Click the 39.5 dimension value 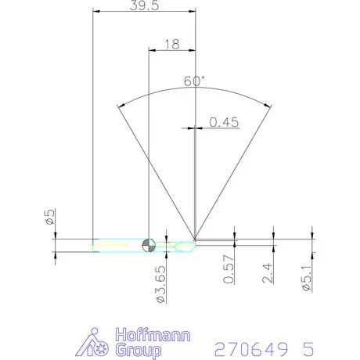144,5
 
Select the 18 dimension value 172,45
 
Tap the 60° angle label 194,81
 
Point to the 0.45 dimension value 224,122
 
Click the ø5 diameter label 50,217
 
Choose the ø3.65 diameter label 161,284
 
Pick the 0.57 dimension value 229,269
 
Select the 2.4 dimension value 268,273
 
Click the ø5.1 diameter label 307,278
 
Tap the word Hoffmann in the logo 153,335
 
